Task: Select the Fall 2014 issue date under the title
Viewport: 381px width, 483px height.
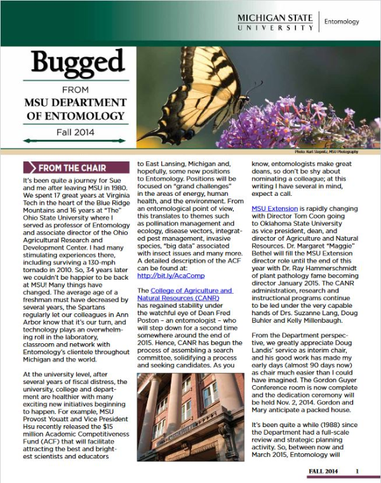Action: point(76,132)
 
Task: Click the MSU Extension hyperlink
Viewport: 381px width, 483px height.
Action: point(274,208)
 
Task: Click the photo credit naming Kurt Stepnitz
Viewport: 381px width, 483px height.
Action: point(326,153)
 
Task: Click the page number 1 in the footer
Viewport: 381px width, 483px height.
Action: point(358,471)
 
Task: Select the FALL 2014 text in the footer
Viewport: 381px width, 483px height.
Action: point(323,471)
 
